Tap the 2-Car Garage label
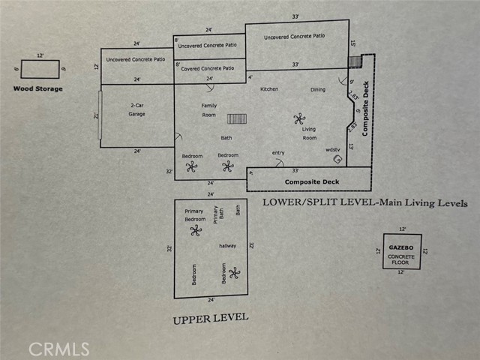[x=136, y=110]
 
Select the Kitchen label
[x=269, y=89]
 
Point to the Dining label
[x=318, y=89]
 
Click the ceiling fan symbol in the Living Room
[x=300, y=118]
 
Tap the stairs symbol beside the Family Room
[x=237, y=118]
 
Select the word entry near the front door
[x=278, y=153]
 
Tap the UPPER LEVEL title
[x=210, y=318]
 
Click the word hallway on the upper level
[x=228, y=245]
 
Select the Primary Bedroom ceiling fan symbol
[x=196, y=230]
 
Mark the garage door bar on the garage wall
[x=100, y=115]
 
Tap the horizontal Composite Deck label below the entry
[x=312, y=181]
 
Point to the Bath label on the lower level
[x=226, y=138]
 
